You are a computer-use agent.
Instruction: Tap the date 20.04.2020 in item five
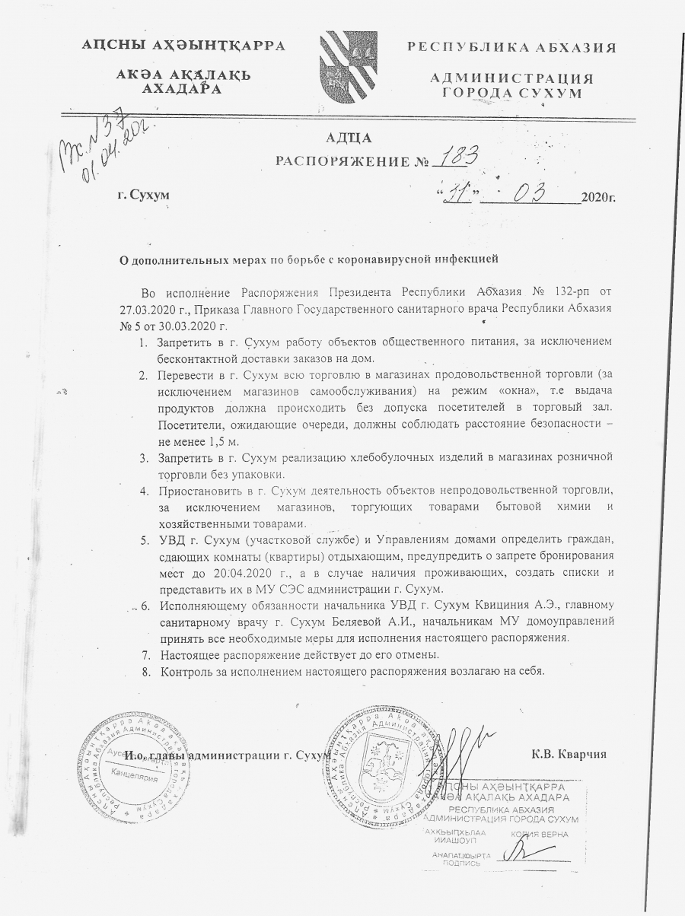tap(237, 571)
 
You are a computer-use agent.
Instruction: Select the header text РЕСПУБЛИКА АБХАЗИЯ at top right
tap(511, 47)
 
